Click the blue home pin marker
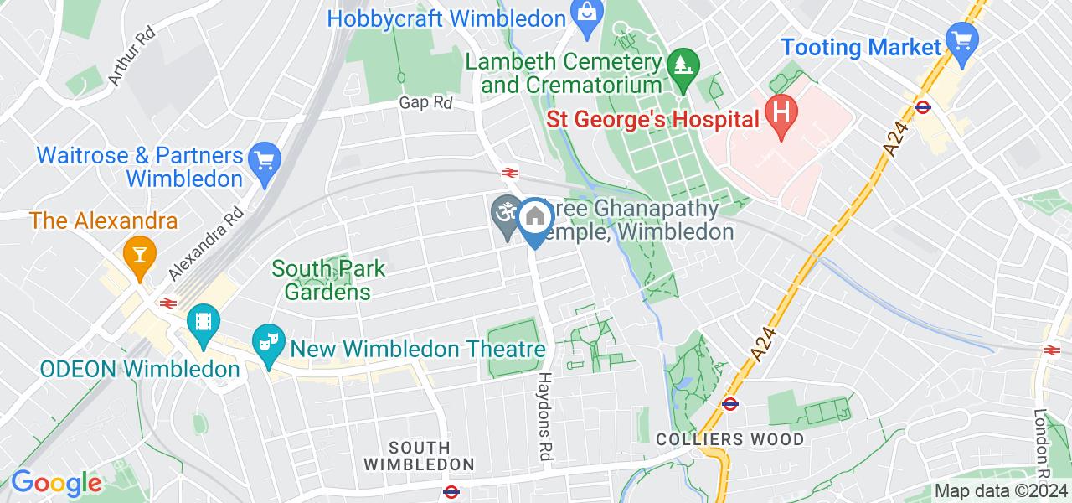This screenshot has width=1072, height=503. [x=533, y=219]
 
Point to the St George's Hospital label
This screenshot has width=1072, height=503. [x=652, y=120]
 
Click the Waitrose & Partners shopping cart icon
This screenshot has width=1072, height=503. [x=265, y=160]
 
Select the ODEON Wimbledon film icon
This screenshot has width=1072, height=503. [x=203, y=320]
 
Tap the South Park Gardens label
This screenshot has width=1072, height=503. [x=328, y=280]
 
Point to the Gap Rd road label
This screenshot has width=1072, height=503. [x=425, y=102]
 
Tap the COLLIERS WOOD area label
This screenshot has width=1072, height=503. [x=729, y=439]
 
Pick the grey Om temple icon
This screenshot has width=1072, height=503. [x=504, y=213]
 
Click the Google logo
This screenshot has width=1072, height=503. [x=56, y=484]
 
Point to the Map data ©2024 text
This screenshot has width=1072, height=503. [x=1001, y=491]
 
